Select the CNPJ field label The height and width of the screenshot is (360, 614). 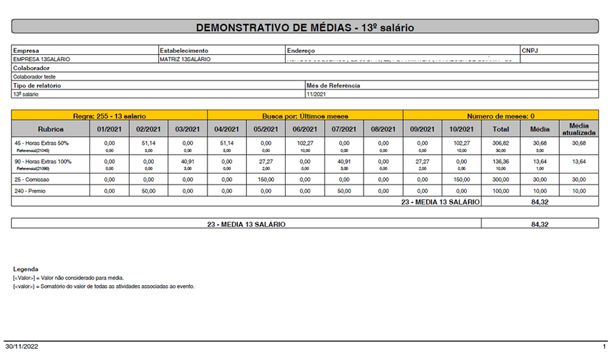click(x=531, y=51)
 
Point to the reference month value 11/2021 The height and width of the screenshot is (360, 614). click(x=316, y=94)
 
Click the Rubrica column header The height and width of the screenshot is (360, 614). click(x=50, y=129)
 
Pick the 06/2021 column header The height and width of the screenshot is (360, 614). click(x=305, y=129)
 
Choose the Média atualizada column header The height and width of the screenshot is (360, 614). click(x=579, y=129)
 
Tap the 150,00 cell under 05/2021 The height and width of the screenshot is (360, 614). click(x=266, y=179)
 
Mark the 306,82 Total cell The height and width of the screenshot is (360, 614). click(x=501, y=143)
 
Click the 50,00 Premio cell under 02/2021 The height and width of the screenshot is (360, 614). click(x=148, y=191)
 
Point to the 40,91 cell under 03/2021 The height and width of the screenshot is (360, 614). click(x=187, y=161)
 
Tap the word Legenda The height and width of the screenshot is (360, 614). click(x=26, y=269)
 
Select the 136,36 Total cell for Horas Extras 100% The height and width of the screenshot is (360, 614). click(x=501, y=161)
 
